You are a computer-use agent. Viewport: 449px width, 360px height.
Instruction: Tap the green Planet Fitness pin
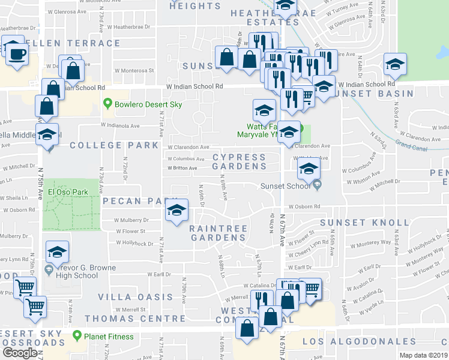77,336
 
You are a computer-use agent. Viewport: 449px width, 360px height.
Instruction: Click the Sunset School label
285,185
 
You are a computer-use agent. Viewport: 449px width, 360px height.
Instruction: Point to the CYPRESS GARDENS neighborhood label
239,162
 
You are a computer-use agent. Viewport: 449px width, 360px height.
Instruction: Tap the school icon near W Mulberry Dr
176,211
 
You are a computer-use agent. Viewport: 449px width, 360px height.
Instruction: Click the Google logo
19,353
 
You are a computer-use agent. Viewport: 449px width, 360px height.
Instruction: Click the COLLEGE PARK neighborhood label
113,145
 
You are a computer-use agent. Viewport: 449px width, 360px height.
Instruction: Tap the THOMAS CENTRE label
135,318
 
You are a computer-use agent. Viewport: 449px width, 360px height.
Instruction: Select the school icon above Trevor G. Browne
57,252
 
